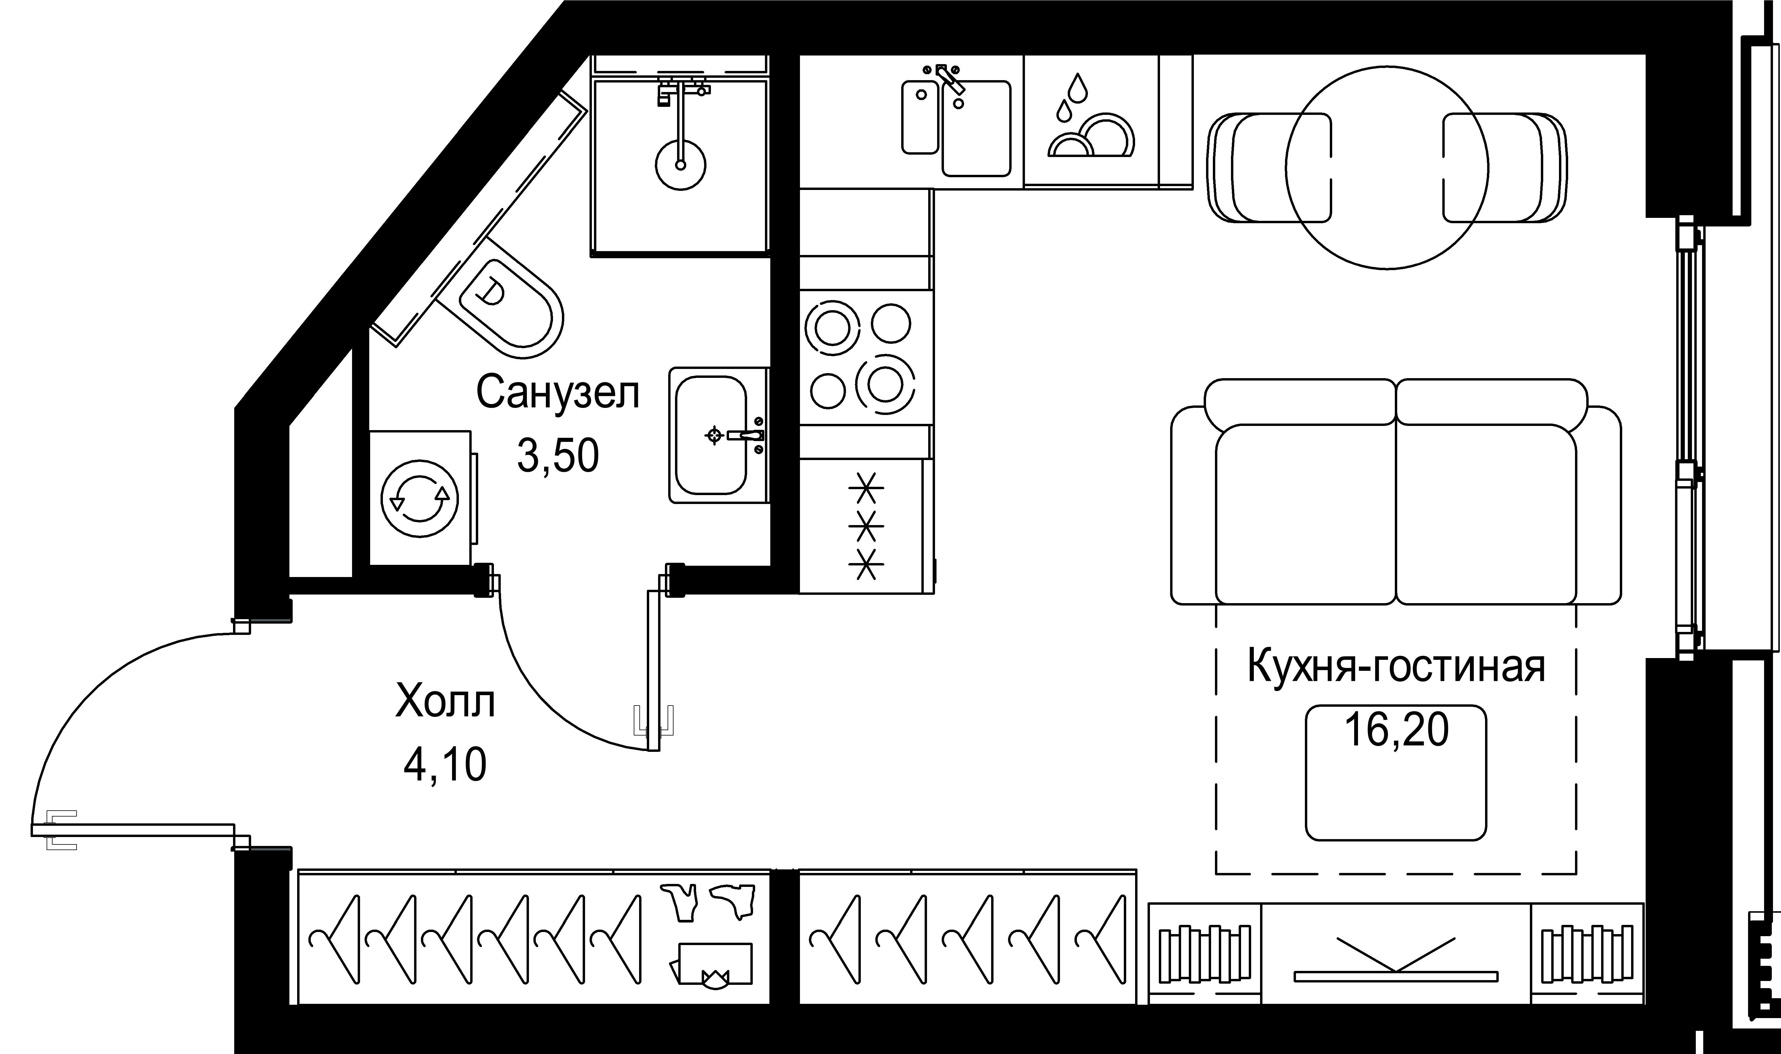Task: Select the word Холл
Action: point(445,702)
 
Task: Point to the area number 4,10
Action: point(445,765)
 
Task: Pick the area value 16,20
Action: point(1396,730)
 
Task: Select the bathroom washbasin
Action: point(710,435)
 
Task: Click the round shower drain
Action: point(680,165)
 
